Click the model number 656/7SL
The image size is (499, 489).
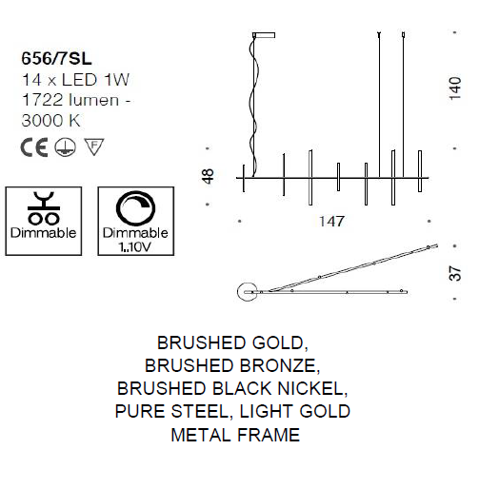click(x=56, y=59)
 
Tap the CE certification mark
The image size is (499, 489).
click(x=34, y=147)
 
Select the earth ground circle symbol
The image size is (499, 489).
click(x=65, y=147)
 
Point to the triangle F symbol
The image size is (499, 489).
click(x=94, y=147)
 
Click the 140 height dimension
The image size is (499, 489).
click(x=455, y=88)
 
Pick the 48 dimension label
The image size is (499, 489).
click(x=208, y=176)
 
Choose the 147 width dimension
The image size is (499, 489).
click(x=331, y=222)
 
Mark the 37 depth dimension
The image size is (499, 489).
click(x=455, y=273)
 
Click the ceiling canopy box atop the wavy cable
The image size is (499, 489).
click(x=264, y=35)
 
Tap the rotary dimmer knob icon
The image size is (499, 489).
click(x=136, y=208)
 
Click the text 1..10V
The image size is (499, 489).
click(x=134, y=247)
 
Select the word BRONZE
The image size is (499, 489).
click(x=280, y=365)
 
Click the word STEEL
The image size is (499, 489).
click(x=200, y=411)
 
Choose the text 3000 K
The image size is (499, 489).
click(x=50, y=121)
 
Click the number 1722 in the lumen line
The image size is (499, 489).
click(x=42, y=100)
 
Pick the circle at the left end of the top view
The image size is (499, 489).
click(x=248, y=291)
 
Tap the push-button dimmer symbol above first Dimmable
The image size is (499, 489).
click(x=44, y=208)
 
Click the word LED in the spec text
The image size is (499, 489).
click(x=79, y=80)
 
